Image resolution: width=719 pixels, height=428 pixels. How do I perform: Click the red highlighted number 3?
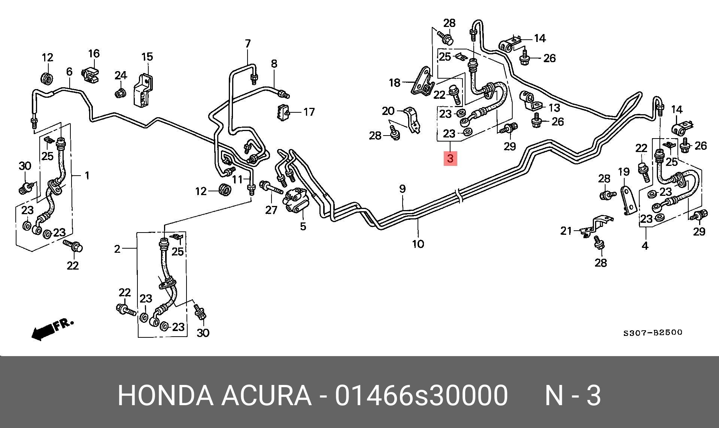click(450, 158)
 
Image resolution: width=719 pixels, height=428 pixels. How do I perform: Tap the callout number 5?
click(303, 226)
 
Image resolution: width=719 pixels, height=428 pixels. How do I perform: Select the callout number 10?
click(418, 244)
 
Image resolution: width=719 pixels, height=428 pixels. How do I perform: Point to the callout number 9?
click(402, 189)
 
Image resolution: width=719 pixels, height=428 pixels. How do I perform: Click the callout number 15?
click(147, 57)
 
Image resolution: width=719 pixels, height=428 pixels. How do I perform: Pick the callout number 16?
click(94, 54)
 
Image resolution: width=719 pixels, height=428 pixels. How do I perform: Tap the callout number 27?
click(271, 210)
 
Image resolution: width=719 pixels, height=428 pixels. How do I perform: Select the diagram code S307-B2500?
click(653, 333)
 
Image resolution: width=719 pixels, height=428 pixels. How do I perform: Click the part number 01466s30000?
click(421, 395)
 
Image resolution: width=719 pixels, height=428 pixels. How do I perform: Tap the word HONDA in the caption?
click(166, 395)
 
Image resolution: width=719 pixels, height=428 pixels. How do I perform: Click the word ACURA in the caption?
click(266, 395)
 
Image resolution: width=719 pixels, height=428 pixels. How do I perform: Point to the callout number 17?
click(309, 112)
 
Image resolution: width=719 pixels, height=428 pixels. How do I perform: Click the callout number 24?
click(121, 76)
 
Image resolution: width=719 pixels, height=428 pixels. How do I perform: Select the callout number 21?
click(566, 231)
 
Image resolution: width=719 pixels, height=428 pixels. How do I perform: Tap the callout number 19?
click(624, 172)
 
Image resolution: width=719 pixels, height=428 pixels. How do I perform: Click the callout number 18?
click(395, 82)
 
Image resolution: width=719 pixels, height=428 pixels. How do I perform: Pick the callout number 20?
click(388, 111)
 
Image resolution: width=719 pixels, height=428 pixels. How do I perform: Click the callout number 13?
click(554, 108)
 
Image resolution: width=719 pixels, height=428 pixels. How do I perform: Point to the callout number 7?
click(248, 44)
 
